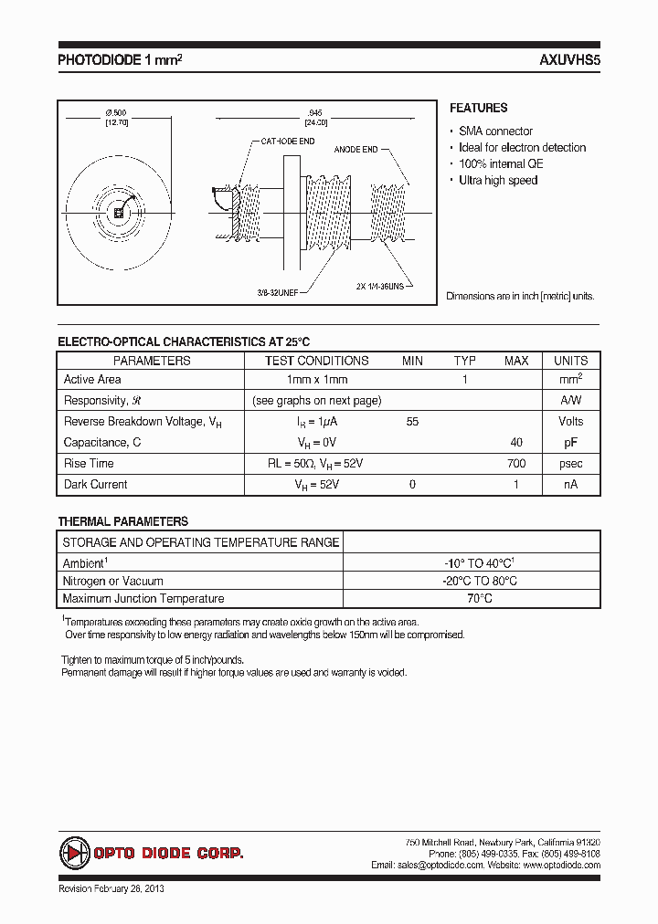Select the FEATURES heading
[x=478, y=108]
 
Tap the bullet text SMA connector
[x=495, y=131]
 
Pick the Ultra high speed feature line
[x=498, y=181]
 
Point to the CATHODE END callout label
[x=288, y=142]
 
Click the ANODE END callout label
[x=356, y=148]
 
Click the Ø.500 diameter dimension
[x=116, y=112]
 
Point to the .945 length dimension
[x=315, y=112]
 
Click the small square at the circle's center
[x=118, y=213]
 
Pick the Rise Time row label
[x=89, y=464]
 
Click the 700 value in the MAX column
[x=515, y=464]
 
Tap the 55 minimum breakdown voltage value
[x=412, y=422]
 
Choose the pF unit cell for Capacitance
[x=570, y=443]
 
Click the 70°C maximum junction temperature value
[x=473, y=599]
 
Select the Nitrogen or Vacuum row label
[x=112, y=582]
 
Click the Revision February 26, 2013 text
[x=111, y=888]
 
